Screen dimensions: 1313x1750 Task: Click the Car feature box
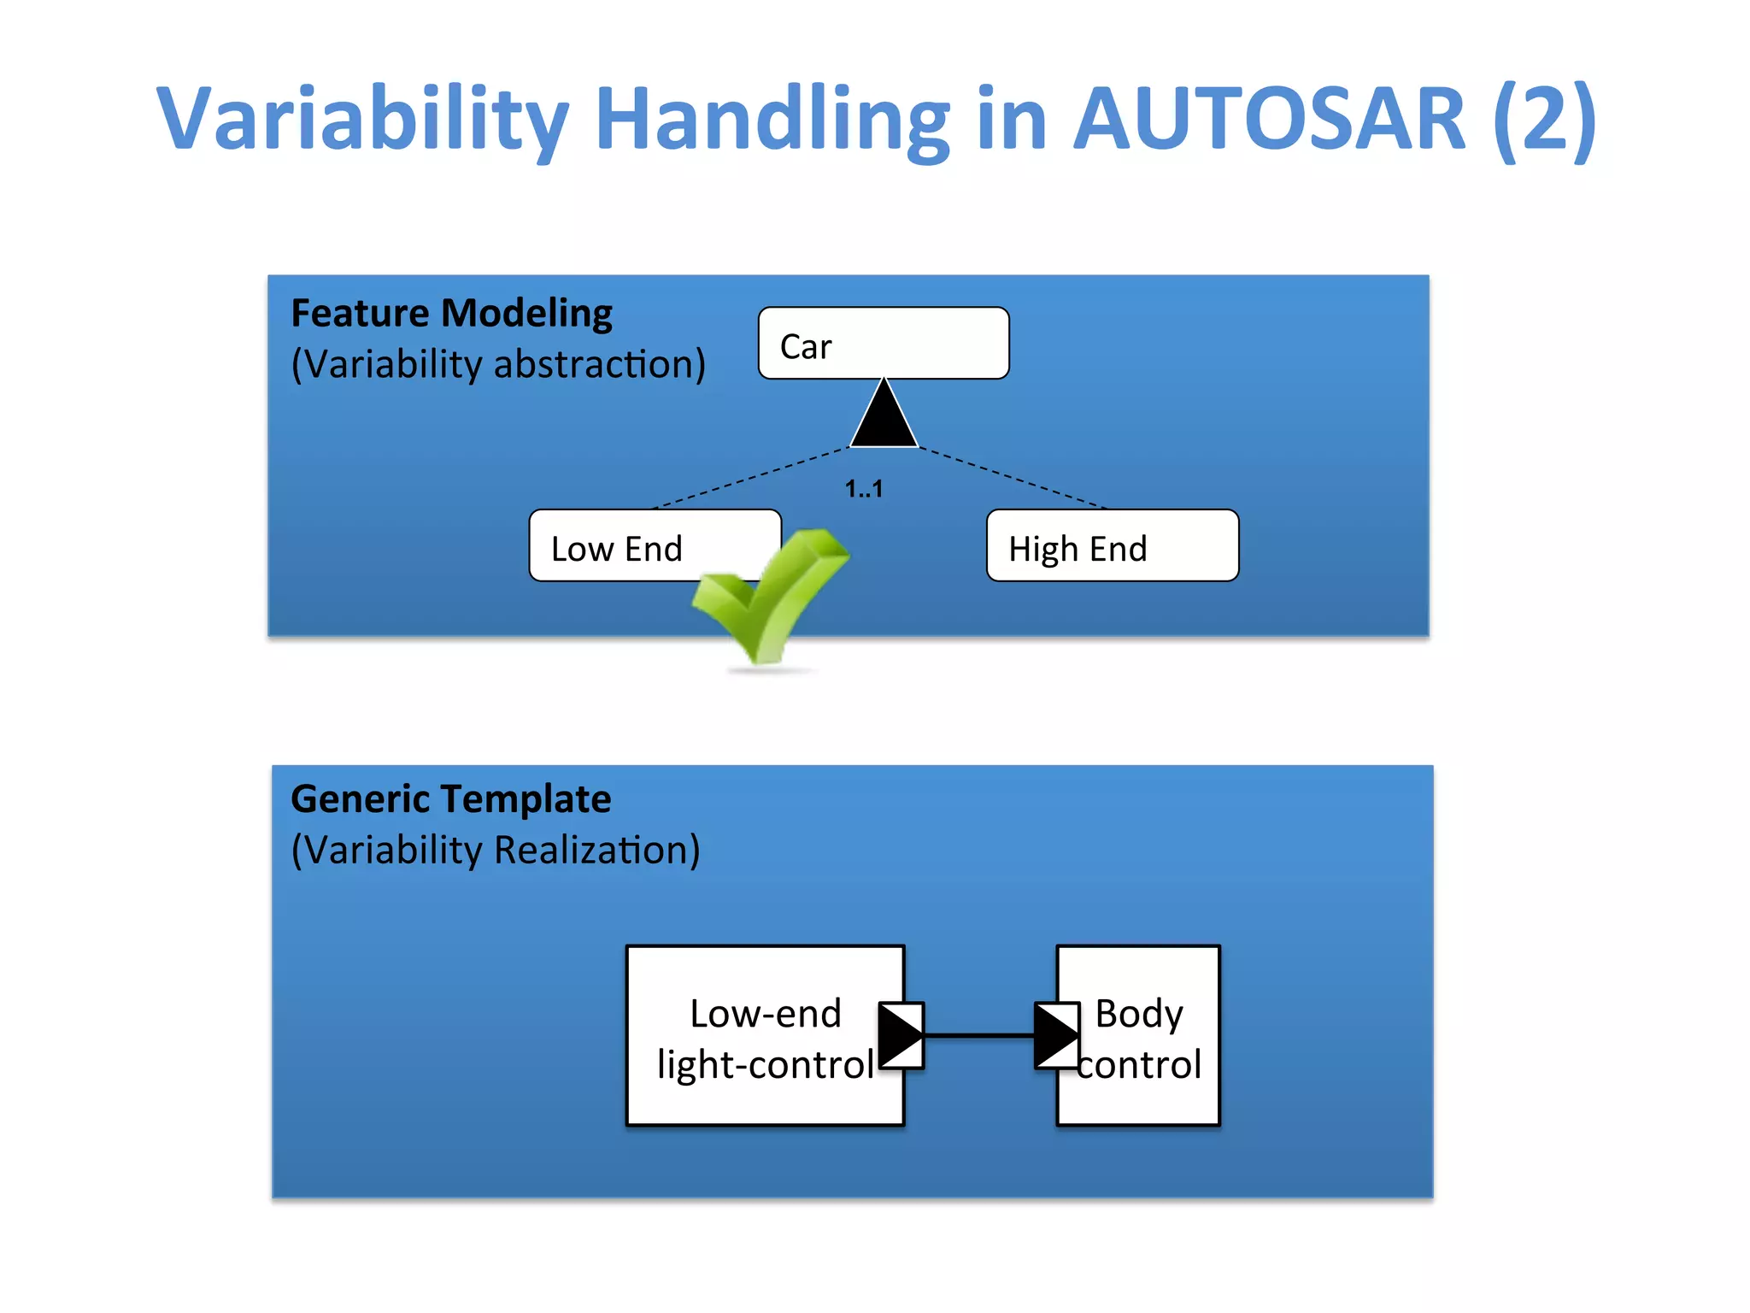[883, 343]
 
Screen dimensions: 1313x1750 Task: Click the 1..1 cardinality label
[863, 489]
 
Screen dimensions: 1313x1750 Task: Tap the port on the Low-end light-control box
[901, 1035]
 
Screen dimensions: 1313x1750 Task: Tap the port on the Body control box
[1056, 1035]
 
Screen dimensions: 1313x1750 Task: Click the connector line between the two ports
[979, 1035]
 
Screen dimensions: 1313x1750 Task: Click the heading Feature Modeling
[451, 313]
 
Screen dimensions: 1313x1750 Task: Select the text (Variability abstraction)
[498, 364]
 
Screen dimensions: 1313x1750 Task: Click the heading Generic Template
[450, 799]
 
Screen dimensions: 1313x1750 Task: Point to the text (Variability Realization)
[496, 851]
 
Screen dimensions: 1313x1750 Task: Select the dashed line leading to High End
[1013, 478]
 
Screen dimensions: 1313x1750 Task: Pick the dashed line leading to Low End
[752, 478]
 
